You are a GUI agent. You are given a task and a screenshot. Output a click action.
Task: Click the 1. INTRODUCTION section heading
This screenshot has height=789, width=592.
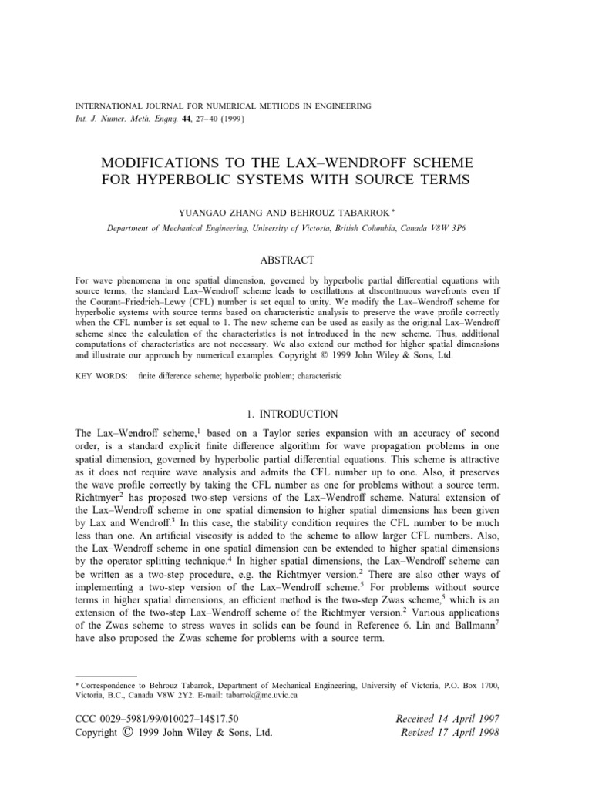click(x=295, y=414)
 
